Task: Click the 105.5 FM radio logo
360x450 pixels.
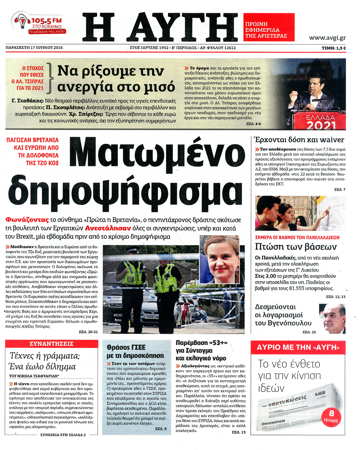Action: tap(38, 25)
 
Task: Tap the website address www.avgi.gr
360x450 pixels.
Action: tap(327, 38)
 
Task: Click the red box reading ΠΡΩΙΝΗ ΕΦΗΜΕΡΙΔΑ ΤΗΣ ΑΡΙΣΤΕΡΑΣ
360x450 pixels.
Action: tap(268, 27)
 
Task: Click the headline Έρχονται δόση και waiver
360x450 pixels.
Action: tap(298, 140)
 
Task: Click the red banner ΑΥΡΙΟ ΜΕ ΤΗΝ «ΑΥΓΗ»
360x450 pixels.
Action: tap(298, 347)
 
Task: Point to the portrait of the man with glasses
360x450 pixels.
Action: tap(333, 318)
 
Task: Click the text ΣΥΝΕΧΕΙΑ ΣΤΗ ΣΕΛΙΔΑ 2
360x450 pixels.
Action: tap(63, 435)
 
